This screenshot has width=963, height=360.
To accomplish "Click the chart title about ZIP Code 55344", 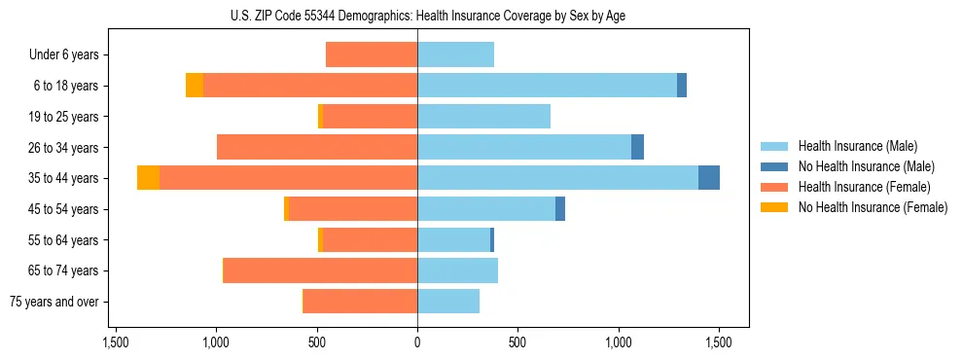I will click(x=417, y=16).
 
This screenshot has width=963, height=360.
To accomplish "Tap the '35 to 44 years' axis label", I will click(x=65, y=178).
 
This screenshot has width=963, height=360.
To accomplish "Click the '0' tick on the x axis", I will click(x=417, y=342).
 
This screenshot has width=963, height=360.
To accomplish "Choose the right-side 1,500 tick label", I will click(x=718, y=342).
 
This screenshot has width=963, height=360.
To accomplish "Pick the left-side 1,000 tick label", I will click(x=216, y=342).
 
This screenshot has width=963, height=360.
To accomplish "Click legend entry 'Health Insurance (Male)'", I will click(x=857, y=146).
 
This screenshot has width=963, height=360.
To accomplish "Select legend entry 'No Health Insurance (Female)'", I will click(x=873, y=207).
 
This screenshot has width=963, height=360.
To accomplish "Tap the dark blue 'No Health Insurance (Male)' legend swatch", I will click(x=774, y=166).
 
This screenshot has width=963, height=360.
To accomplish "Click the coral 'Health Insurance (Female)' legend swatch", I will click(x=774, y=187).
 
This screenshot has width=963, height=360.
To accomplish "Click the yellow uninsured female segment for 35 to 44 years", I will click(x=148, y=178).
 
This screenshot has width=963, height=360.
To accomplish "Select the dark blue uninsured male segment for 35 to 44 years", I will click(x=709, y=178).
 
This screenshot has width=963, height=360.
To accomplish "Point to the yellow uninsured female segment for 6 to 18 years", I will click(x=195, y=86).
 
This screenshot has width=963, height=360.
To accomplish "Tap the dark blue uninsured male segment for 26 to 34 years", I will click(x=637, y=147).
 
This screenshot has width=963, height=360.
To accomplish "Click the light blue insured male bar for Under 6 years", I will click(x=455, y=54).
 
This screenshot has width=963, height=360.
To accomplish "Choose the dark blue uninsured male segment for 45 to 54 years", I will click(x=560, y=209).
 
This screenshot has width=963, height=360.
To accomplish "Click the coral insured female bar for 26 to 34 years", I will click(x=317, y=147).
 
